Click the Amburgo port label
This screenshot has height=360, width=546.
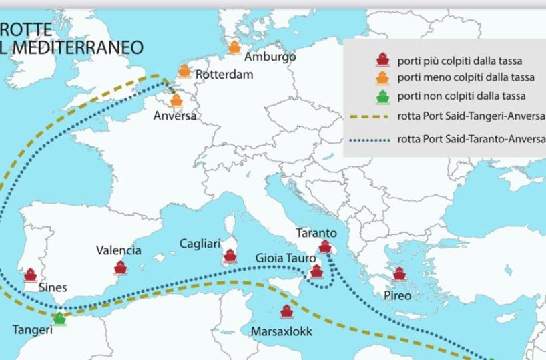tap(270, 57)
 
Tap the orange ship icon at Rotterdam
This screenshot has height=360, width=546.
tap(184, 71)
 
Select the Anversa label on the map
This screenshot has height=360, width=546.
tap(175, 116)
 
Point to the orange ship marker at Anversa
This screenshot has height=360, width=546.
tap(176, 101)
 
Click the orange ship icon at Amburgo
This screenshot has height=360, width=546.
tap(234, 47)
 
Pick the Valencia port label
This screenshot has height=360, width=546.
tap(119, 250)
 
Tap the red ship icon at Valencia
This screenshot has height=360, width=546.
tap(120, 267)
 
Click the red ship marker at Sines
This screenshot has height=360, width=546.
tap(30, 275)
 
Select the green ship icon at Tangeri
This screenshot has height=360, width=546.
tap(60, 318)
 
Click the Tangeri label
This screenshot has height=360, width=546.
tap(32, 329)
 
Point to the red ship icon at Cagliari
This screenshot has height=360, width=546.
tap(230, 256)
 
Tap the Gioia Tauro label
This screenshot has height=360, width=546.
tap(284, 258)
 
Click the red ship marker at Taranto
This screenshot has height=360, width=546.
tap(325, 246)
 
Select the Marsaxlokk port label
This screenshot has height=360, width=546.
tap(281, 331)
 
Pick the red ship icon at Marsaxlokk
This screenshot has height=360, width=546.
tap(287, 311)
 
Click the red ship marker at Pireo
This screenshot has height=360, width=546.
tap(399, 273)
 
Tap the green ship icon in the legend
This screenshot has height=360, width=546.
tap(382, 97)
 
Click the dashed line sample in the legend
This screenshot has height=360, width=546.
tap(369, 116)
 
